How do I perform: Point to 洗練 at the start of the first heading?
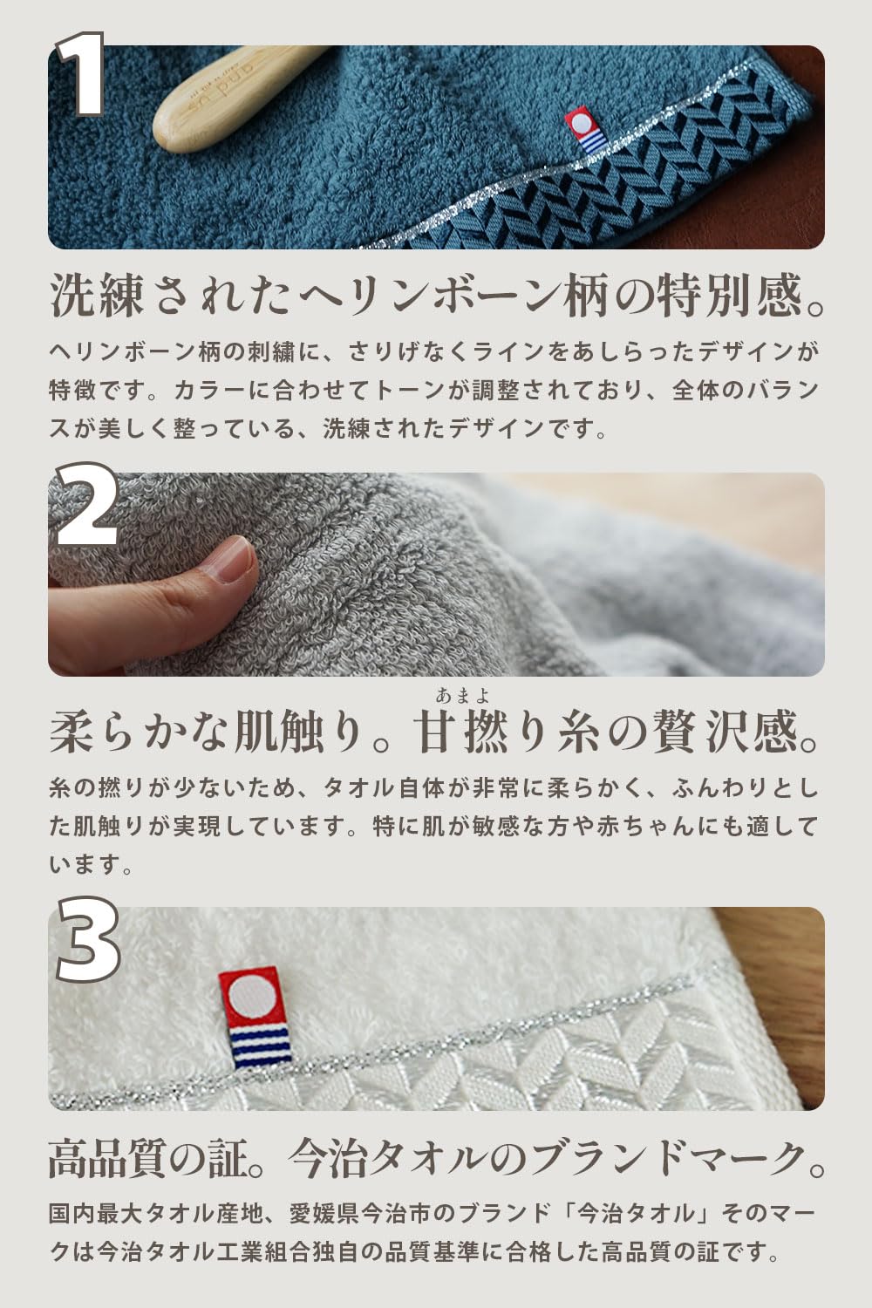(97, 296)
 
